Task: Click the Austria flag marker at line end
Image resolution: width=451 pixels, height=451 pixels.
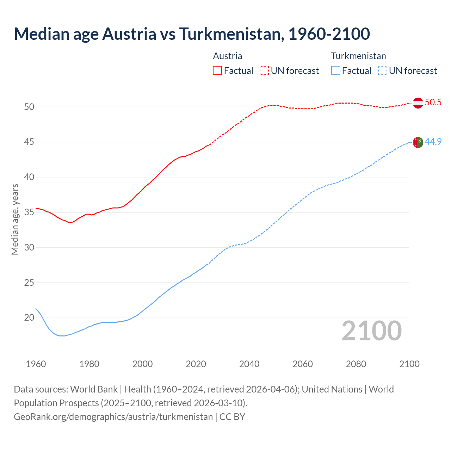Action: coord(418,103)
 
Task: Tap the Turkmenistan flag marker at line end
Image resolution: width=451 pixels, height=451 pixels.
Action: coord(418,142)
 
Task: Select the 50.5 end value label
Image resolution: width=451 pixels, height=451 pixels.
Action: coord(433,103)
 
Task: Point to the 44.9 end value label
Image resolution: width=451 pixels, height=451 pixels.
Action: coord(433,142)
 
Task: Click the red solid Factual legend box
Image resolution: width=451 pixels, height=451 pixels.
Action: coord(217,71)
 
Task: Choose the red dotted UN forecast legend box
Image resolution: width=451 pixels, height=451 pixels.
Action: coord(264,71)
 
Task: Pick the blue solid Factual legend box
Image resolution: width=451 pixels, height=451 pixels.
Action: coord(336,71)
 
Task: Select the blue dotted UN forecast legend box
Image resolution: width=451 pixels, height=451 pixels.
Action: coord(382,71)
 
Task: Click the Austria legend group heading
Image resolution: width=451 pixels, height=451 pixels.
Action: coord(228,56)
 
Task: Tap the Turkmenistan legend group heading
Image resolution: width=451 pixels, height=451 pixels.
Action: coord(358,56)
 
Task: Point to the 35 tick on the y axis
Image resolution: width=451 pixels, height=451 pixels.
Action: coord(29,212)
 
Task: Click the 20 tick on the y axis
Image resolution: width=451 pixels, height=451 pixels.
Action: coord(29,318)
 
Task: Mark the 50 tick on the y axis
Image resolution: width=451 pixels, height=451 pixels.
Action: coord(29,107)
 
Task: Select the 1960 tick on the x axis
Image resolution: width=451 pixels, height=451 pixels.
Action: coord(36,364)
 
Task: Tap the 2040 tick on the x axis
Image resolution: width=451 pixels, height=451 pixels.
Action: coord(249,364)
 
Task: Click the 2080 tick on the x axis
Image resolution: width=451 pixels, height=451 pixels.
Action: coord(356,364)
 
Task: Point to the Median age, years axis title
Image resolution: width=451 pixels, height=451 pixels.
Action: coord(15,219)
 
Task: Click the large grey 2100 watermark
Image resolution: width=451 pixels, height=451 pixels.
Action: coord(371,330)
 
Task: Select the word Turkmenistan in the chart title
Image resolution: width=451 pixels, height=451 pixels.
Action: coord(231,34)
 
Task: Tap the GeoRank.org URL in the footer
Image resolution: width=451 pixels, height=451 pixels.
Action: coord(113,417)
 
